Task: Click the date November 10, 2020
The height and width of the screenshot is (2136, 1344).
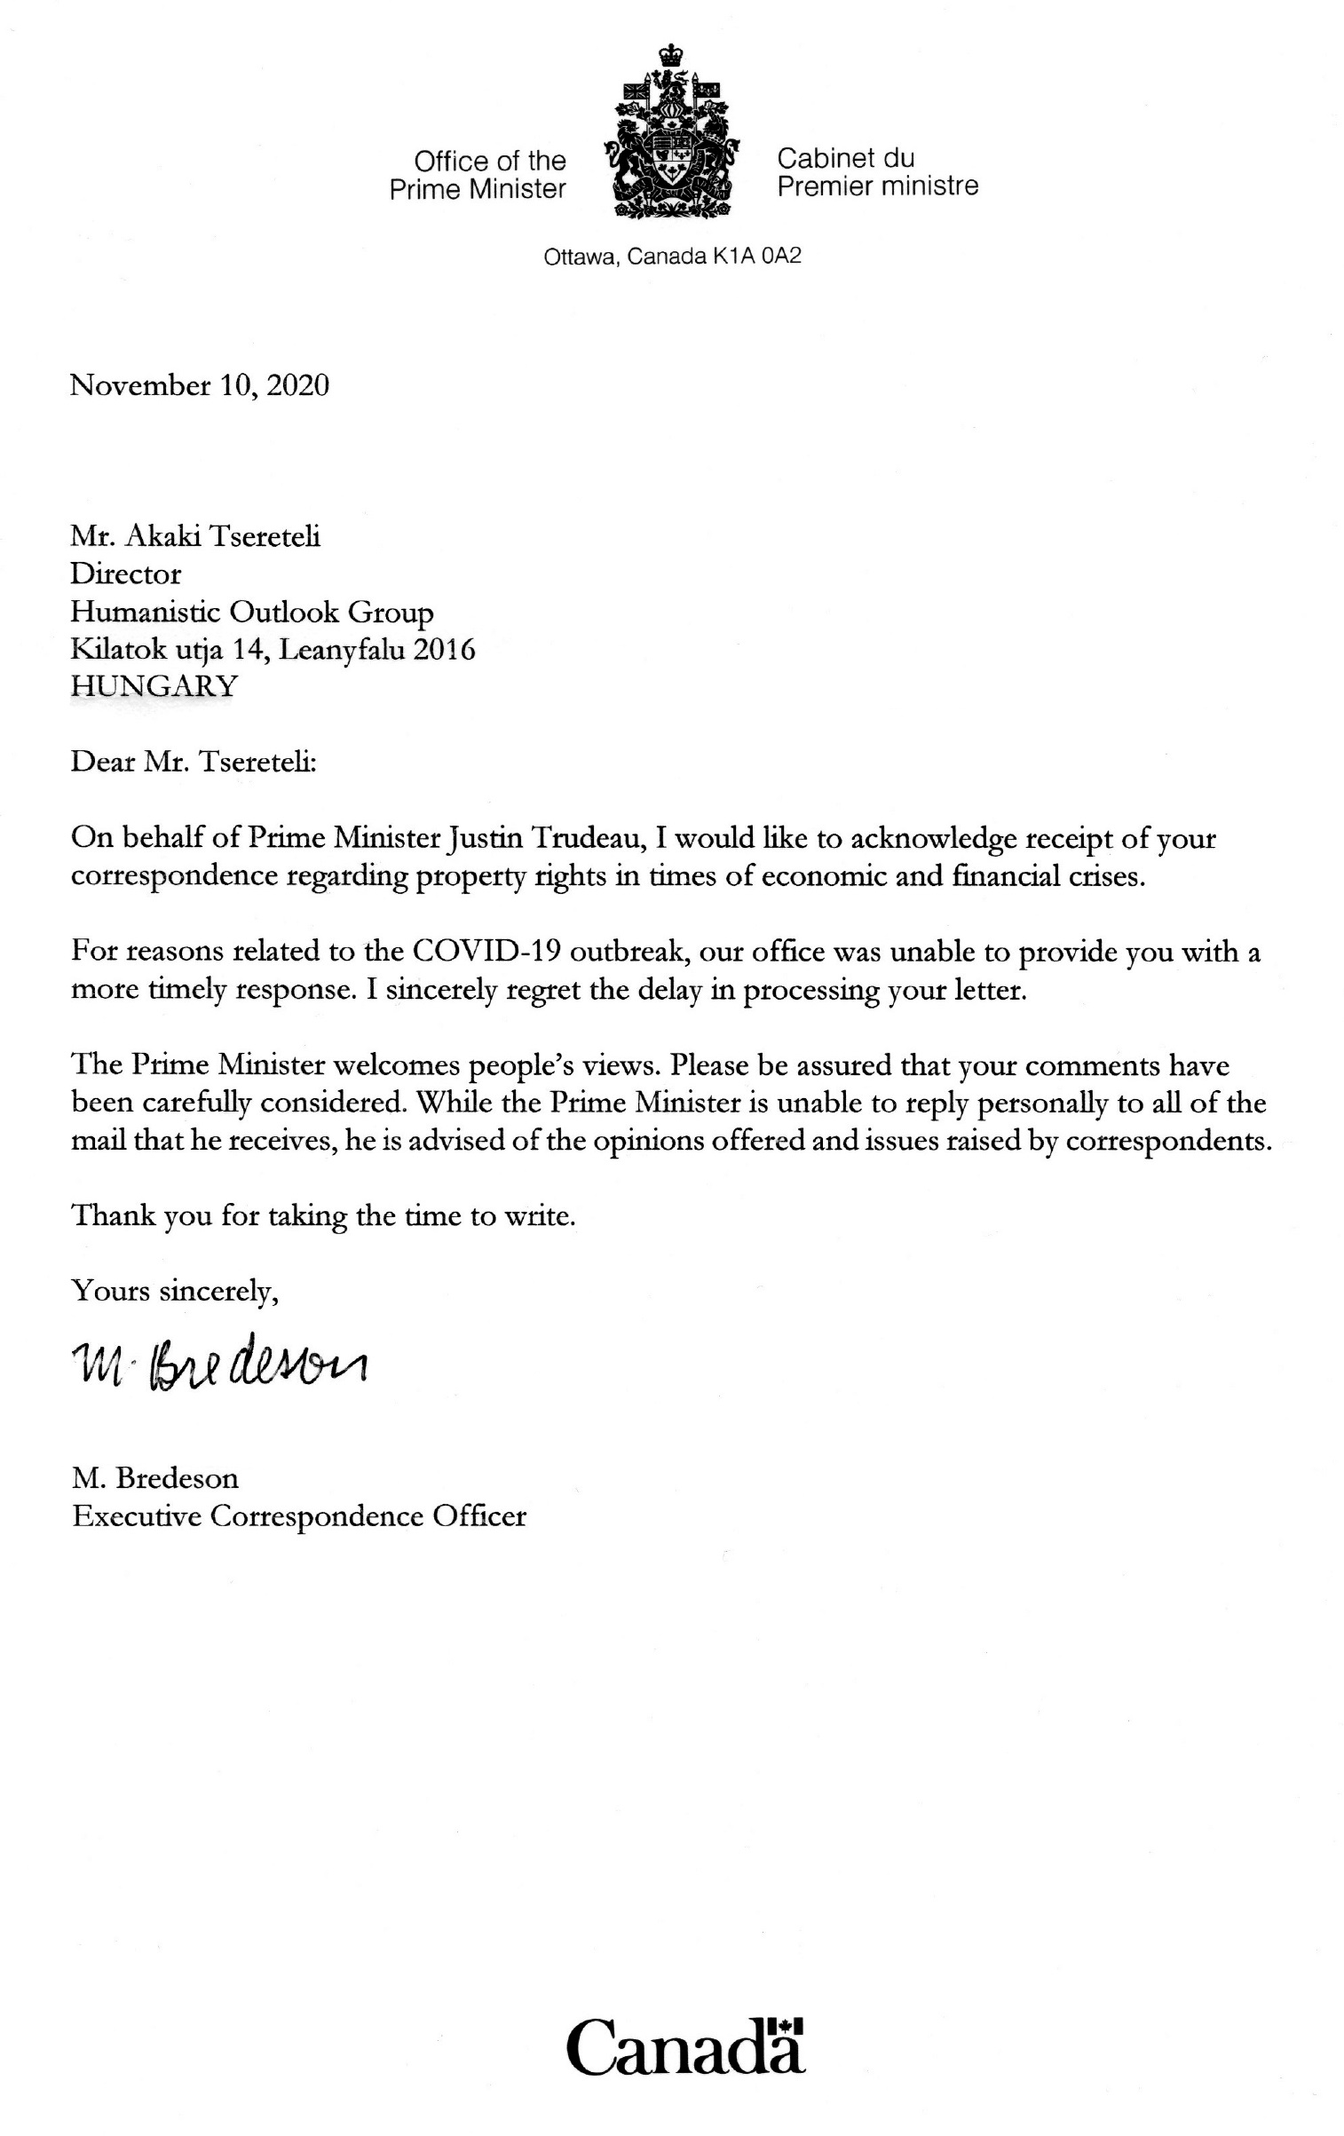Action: click(200, 385)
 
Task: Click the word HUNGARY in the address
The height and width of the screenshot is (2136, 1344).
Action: click(154, 686)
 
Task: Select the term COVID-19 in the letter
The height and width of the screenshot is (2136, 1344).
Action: click(485, 952)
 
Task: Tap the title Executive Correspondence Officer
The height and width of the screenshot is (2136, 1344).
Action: click(299, 1515)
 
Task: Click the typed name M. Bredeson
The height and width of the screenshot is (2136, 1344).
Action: click(155, 1478)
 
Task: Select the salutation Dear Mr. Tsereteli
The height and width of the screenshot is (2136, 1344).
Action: click(193, 763)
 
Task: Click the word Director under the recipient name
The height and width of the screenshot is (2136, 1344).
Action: click(126, 574)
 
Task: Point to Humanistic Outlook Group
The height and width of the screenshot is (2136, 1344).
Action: click(252, 613)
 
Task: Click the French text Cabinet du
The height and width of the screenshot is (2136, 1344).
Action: click(845, 158)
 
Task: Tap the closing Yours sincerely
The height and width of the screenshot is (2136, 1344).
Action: click(175, 1290)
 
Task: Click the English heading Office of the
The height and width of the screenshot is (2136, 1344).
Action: click(489, 161)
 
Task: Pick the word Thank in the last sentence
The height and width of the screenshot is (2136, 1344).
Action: click(112, 1214)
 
